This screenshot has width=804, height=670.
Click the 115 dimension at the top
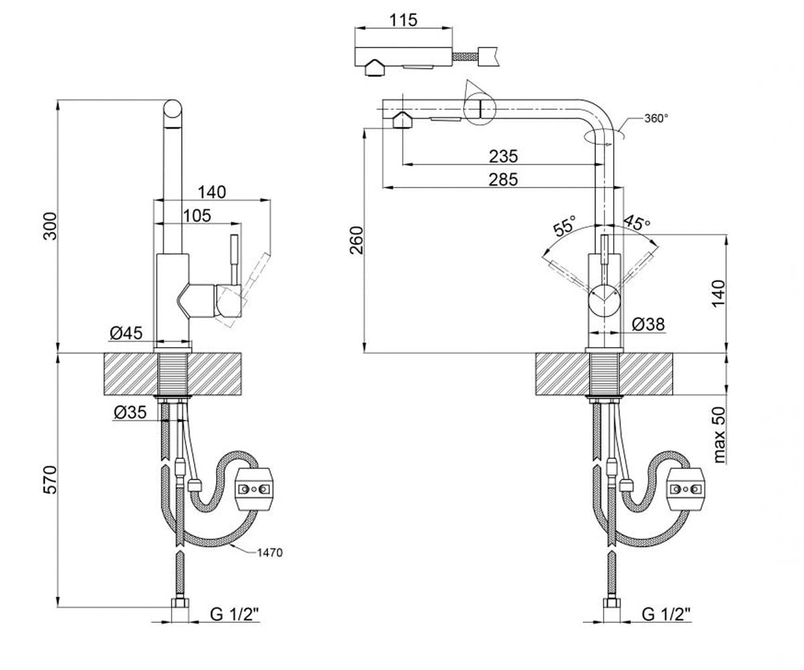coord(403,20)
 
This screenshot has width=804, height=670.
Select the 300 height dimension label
coord(50,226)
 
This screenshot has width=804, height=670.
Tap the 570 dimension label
coord(50,480)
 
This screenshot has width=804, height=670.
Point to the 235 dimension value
coord(503,156)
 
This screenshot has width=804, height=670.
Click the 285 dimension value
coord(503,180)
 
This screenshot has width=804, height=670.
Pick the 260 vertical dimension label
coord(356,241)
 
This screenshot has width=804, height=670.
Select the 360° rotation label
coord(656,118)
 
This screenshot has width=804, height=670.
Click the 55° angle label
coord(565,226)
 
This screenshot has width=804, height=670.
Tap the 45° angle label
coord(636,222)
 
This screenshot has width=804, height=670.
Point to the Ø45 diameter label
coord(126,333)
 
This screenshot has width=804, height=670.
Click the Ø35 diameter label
coord(130,413)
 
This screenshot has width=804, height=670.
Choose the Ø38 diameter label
coord(649,324)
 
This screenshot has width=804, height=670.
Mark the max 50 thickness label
coord(719,435)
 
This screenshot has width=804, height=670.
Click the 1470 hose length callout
coord(269,553)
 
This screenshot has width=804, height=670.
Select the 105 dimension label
coord(197,216)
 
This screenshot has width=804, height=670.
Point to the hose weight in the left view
coord(254,489)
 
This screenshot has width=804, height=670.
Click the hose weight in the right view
coord(686,489)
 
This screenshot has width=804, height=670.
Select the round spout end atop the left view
coord(172,109)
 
